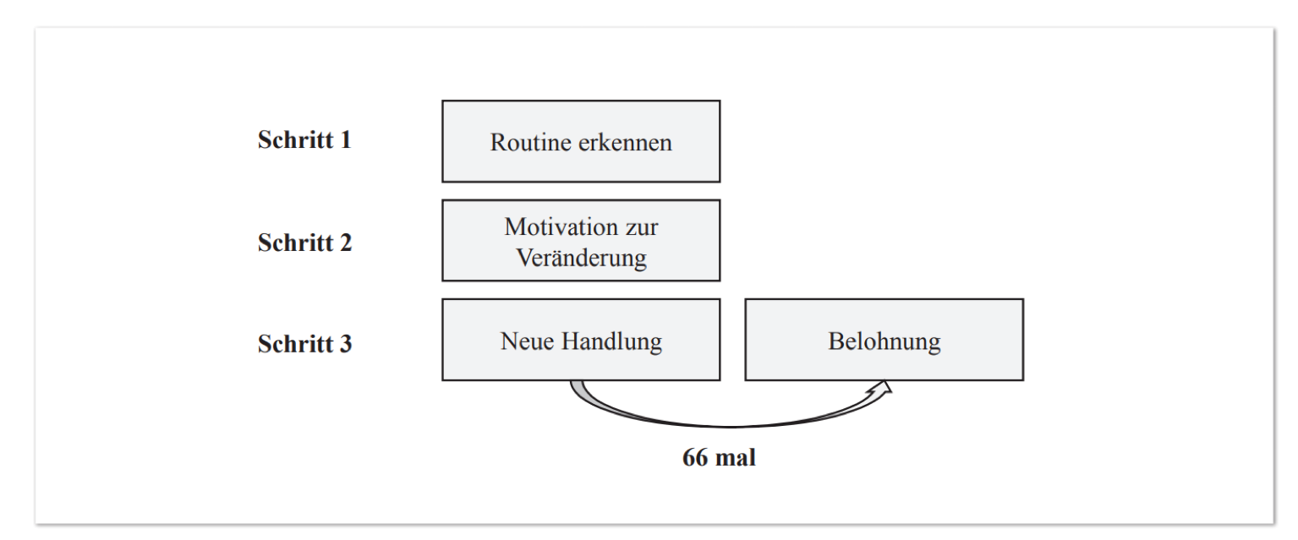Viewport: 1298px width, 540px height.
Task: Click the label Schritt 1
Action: [x=304, y=139]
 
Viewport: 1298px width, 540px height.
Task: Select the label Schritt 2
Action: [x=304, y=243]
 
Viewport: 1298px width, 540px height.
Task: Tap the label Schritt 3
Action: [x=304, y=344]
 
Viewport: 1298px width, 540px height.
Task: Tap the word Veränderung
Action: [x=581, y=259]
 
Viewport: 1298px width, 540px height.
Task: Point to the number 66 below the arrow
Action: [x=695, y=458]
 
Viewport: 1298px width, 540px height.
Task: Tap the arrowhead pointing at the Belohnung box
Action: [x=882, y=389]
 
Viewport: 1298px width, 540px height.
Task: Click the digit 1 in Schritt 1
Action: [x=345, y=139]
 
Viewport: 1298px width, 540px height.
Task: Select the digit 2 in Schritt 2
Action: [x=346, y=243]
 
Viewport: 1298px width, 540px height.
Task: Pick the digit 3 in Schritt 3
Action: [x=346, y=344]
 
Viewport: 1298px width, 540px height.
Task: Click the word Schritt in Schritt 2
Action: [x=295, y=243]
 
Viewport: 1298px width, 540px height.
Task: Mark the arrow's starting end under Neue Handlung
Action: [x=577, y=382]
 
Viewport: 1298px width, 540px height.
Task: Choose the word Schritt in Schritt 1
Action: [x=295, y=139]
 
